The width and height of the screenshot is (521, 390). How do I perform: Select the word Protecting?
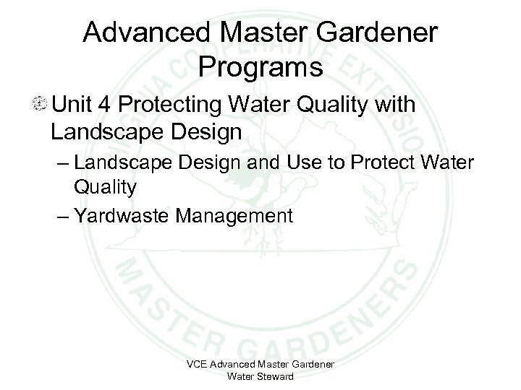tap(174, 105)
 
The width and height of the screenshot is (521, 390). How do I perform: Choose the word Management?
tap(240, 214)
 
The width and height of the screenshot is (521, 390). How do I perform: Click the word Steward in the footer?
tap(274, 376)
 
